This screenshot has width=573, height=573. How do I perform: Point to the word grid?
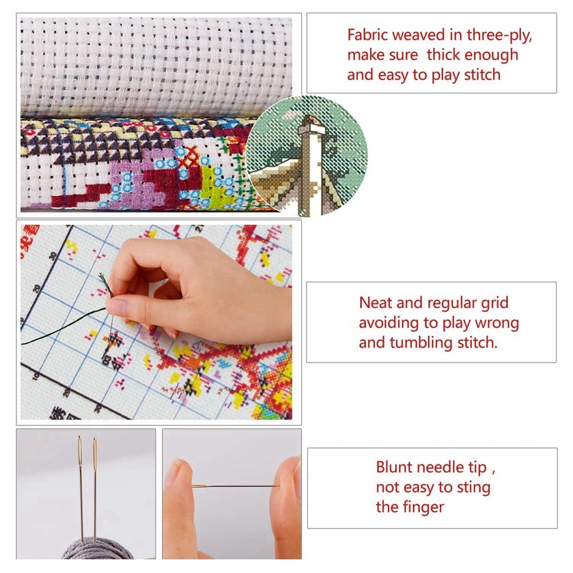(494, 304)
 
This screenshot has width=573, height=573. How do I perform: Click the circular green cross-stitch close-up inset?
(306, 156)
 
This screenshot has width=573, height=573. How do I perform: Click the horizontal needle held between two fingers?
(236, 486)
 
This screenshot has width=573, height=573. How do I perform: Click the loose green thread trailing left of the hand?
(63, 326)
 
